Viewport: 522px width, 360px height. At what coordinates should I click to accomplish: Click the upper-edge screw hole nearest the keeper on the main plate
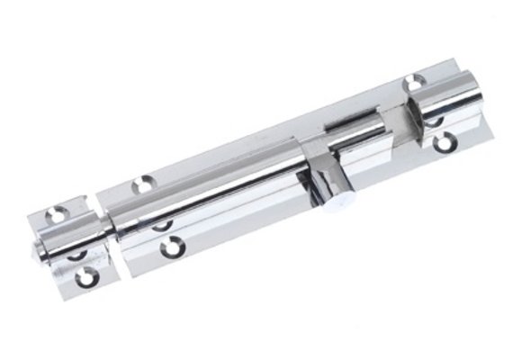(140, 185)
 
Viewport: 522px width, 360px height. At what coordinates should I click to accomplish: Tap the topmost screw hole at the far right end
(415, 83)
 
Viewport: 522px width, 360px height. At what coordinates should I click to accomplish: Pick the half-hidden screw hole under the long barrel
(162, 221)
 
